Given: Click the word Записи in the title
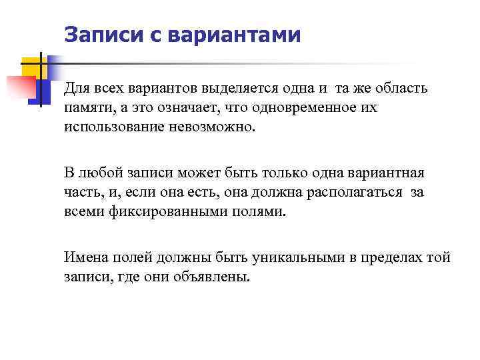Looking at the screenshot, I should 101,34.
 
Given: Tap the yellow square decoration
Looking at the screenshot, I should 33,67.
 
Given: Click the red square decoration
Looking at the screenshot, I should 21,87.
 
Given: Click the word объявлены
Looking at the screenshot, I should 214,277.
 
